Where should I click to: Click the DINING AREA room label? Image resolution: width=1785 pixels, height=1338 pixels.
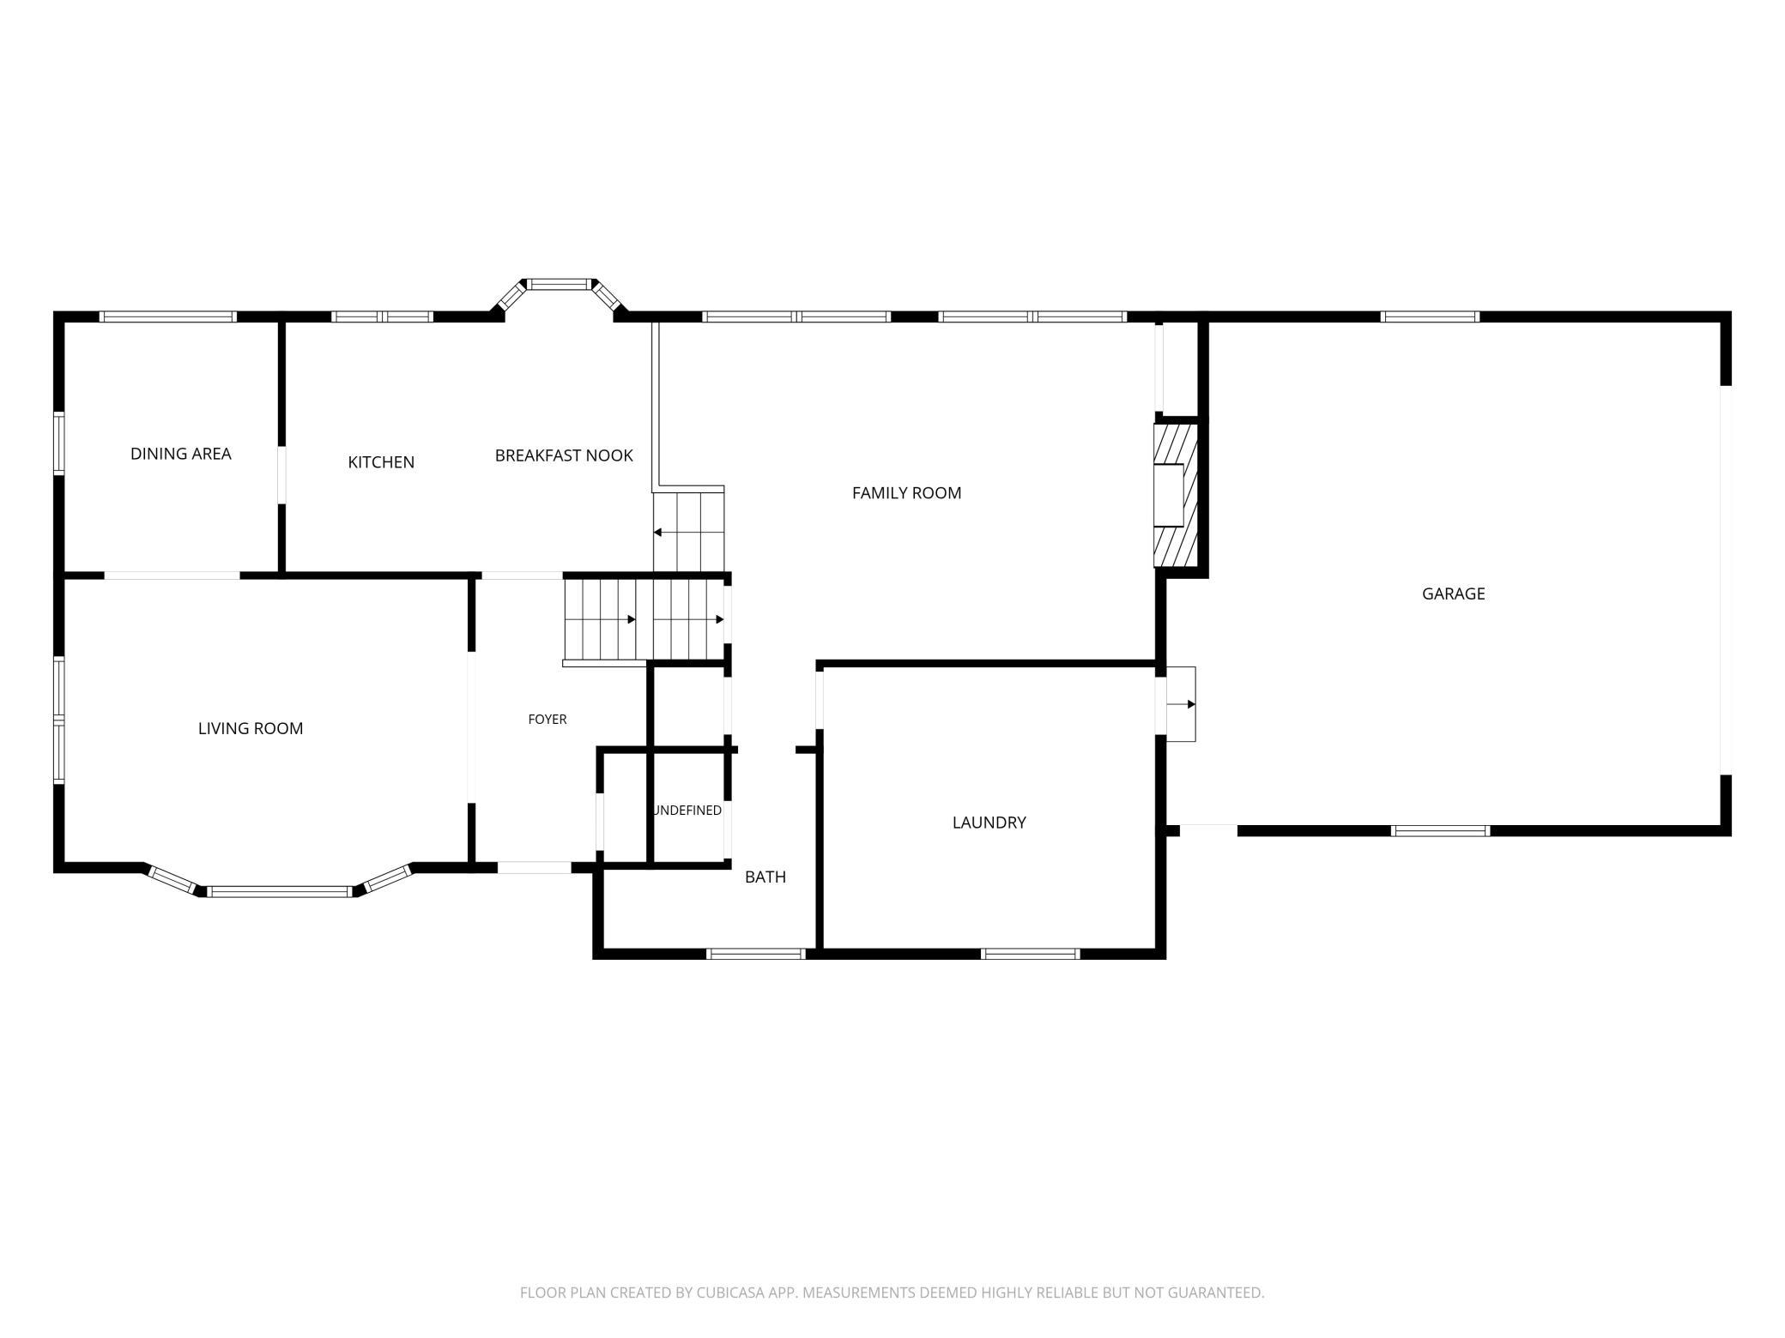[180, 454]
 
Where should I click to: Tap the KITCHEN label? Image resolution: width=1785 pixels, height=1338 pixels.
[381, 462]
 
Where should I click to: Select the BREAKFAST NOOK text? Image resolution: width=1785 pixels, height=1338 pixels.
[564, 455]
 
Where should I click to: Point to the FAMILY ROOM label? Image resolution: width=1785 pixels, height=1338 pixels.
[906, 493]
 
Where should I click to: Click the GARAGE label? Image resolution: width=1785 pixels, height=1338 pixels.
[1453, 594]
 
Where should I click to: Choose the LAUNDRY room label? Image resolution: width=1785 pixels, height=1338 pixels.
[989, 823]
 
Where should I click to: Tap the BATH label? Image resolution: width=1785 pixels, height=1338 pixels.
[765, 877]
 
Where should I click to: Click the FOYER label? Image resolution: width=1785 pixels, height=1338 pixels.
[548, 720]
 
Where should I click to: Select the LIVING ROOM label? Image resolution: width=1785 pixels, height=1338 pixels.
[251, 728]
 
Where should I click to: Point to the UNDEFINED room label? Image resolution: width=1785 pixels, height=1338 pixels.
[687, 811]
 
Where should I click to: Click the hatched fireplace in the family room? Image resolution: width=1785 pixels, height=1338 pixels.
[1175, 495]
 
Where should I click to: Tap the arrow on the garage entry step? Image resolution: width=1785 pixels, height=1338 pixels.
[1181, 704]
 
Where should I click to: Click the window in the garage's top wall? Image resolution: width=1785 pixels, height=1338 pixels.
[1430, 316]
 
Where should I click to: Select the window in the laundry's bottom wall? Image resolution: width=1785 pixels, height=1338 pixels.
[1030, 953]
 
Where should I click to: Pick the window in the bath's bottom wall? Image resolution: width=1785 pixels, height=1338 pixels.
[756, 953]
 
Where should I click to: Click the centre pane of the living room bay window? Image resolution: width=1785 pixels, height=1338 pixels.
[280, 892]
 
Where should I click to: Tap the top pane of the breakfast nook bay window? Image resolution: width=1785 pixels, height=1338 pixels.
[560, 284]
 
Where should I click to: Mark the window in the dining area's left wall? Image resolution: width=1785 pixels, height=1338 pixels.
[59, 443]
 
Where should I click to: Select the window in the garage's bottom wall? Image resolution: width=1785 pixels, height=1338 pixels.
[1440, 830]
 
